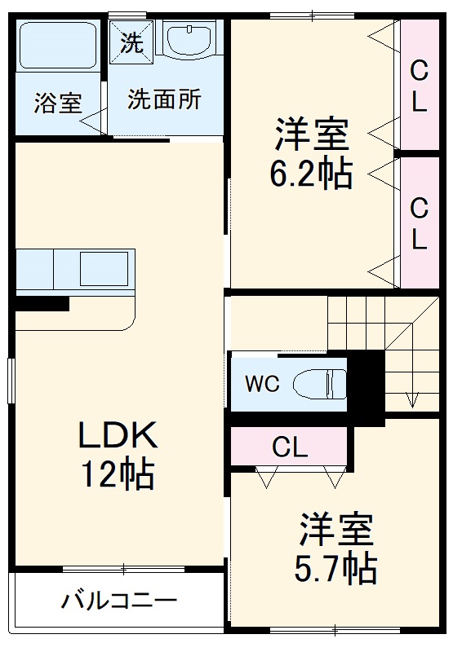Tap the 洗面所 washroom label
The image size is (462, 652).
coord(164,99)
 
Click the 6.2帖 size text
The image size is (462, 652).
coord(311,174)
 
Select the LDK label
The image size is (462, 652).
coord(117,437)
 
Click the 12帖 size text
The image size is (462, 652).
coord(117,474)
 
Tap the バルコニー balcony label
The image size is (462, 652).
coord(118,602)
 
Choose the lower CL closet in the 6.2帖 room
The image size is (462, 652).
coord(419,222)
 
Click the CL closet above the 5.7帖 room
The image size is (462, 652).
coord(290,447)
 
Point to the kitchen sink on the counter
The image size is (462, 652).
coord(104,267)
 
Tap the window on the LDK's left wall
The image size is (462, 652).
coord(11,381)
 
